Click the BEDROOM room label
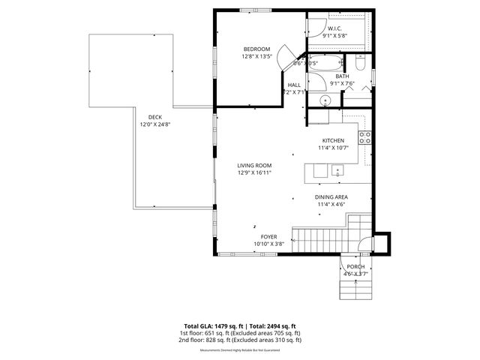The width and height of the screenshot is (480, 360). (x=256, y=49)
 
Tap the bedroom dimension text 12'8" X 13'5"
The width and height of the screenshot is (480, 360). (x=256, y=56)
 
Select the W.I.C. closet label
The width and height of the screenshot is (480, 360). (x=335, y=28)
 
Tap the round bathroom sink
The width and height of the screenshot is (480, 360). (x=326, y=100)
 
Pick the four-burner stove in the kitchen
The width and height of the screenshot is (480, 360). (x=365, y=136)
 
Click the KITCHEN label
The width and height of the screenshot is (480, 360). (x=333, y=140)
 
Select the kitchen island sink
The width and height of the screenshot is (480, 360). (x=337, y=172)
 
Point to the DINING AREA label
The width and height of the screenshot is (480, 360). (x=331, y=196)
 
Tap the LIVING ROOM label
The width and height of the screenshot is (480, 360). (x=254, y=165)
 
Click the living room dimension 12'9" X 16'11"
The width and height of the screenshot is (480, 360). (x=254, y=172)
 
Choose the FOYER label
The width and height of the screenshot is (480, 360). (x=269, y=236)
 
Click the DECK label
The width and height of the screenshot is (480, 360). (x=155, y=116)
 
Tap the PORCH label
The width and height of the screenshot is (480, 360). (x=355, y=267)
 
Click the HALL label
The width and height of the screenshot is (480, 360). (x=294, y=85)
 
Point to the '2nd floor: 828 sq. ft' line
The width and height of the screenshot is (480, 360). (x=240, y=340)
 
